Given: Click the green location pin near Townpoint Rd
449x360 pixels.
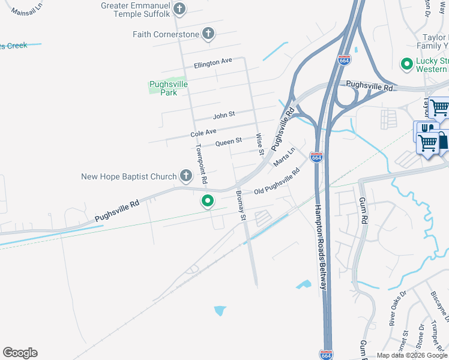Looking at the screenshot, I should [x=208, y=201].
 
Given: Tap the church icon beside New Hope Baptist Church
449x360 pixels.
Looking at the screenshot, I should [x=186, y=176].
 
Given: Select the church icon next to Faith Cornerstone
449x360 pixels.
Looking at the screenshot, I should [x=208, y=34].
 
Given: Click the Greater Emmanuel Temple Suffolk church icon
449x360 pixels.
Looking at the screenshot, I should [x=179, y=9].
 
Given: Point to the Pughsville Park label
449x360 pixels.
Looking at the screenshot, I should [x=168, y=88].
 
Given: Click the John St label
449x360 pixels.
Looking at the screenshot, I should [x=224, y=113].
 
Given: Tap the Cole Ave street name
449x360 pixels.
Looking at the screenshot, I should [x=203, y=132].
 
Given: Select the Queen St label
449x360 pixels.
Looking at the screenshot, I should [x=228, y=142].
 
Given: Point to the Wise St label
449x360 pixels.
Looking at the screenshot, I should [x=261, y=144].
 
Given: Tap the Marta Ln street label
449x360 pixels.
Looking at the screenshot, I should [x=285, y=157].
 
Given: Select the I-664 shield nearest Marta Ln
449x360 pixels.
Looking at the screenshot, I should [x=317, y=157].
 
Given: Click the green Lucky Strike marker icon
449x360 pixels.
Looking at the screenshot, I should [x=406, y=62].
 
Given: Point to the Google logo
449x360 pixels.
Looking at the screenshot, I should [x=20, y=353].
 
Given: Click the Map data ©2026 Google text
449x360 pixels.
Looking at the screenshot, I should [x=412, y=355].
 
